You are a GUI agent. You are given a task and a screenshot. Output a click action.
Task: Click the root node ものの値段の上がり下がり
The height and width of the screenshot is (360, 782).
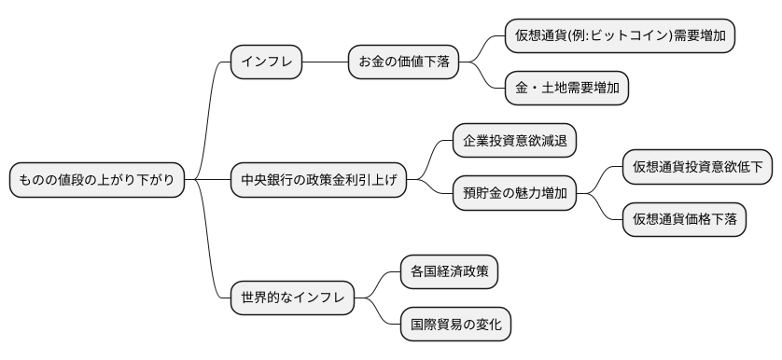[97, 180]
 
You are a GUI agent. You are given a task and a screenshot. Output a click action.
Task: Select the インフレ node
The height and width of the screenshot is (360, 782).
[267, 62]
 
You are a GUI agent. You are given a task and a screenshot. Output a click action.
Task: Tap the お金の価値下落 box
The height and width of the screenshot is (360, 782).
[403, 62]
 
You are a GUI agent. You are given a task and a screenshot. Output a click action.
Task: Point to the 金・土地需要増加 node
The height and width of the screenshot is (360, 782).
[566, 89]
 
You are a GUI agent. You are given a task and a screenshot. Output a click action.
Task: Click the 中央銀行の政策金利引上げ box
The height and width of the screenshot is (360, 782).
[318, 180]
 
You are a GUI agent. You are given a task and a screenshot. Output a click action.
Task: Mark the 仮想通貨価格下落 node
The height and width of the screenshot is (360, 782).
[684, 219]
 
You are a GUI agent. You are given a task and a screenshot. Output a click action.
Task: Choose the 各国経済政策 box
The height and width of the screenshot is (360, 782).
[449, 271]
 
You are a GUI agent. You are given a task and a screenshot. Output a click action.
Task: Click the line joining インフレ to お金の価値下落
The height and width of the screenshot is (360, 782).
[325, 62]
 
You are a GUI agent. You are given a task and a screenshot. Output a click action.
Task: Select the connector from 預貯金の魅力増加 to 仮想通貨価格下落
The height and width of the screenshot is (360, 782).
[600, 209]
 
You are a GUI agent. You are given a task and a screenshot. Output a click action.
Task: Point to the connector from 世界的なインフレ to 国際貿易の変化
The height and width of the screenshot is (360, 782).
[379, 312]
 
